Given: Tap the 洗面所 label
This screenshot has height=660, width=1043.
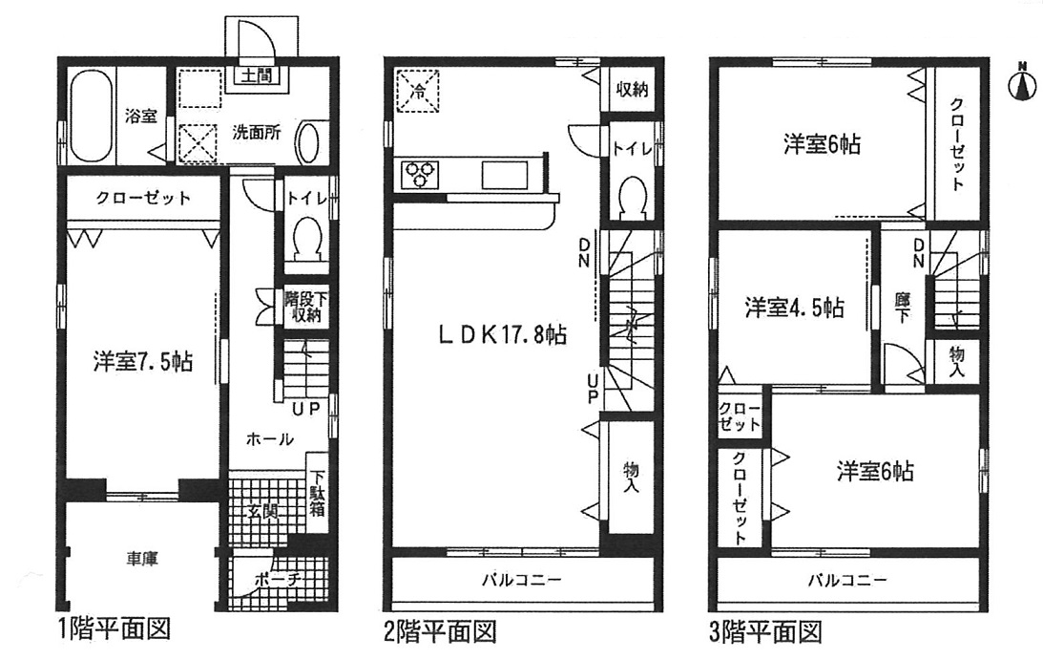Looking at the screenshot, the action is pyautogui.click(x=256, y=132).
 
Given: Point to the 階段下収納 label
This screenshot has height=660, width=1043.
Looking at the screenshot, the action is pyautogui.click(x=306, y=307).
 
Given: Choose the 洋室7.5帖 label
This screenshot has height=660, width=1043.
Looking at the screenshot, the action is pyautogui.click(x=143, y=362).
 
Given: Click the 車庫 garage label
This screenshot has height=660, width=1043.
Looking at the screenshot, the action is pyautogui.click(x=141, y=558).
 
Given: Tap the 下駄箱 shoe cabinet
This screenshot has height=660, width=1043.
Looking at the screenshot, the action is pyautogui.click(x=318, y=493).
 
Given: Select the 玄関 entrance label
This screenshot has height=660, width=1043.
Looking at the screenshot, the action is pyautogui.click(x=264, y=514).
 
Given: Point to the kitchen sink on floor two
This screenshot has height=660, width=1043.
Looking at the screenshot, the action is pyautogui.click(x=505, y=175).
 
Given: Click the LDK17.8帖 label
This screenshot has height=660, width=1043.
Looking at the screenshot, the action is pyautogui.click(x=503, y=334).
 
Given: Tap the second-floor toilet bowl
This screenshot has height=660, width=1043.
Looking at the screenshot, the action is pyautogui.click(x=632, y=197).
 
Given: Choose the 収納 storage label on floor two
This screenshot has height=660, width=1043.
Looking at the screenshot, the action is pyautogui.click(x=632, y=89).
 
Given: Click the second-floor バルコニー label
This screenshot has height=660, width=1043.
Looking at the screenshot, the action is pyautogui.click(x=522, y=579).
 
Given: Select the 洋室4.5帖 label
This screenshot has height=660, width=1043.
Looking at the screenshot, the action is pyautogui.click(x=795, y=308).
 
